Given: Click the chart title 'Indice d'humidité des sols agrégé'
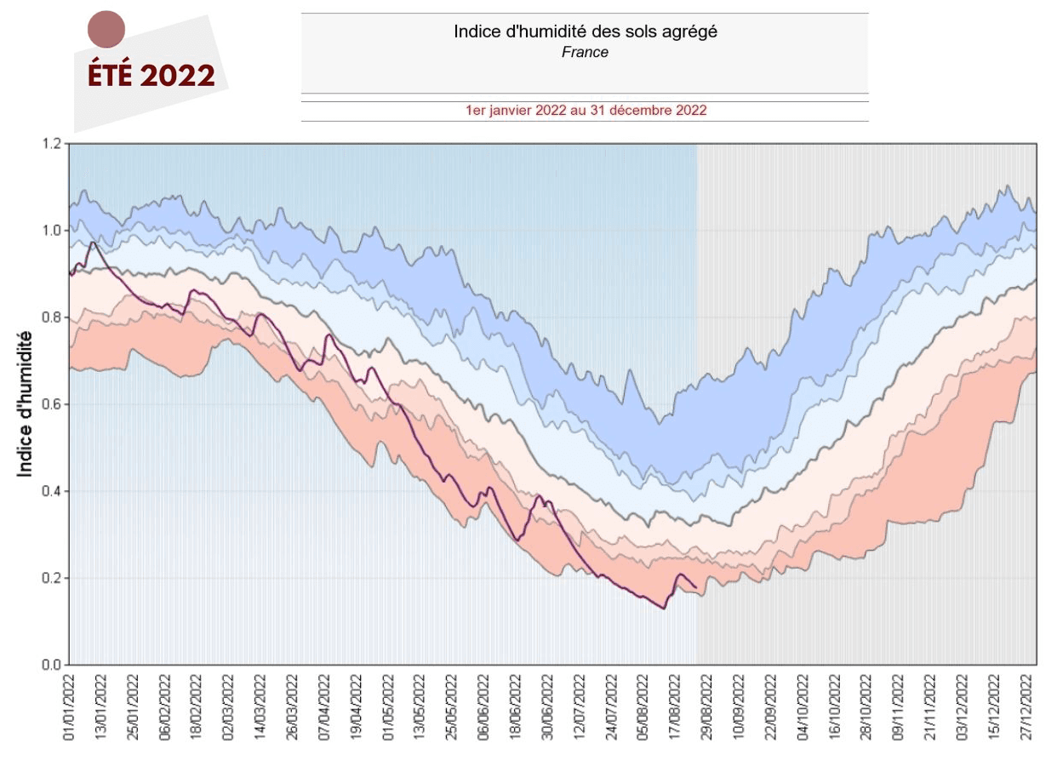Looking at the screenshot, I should pyautogui.click(x=585, y=32).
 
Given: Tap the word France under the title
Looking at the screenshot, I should pyautogui.click(x=585, y=52).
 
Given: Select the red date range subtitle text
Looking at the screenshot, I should pyautogui.click(x=586, y=111).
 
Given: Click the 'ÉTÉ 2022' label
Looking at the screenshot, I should pyautogui.click(x=151, y=76).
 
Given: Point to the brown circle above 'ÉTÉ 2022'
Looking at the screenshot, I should pyautogui.click(x=106, y=30).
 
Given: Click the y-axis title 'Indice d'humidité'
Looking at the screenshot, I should pyautogui.click(x=26, y=404).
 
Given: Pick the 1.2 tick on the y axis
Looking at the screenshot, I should pyautogui.click(x=51, y=144).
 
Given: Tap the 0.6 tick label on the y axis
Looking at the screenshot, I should pyautogui.click(x=51, y=404).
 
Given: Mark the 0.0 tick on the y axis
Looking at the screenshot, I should pyautogui.click(x=51, y=665).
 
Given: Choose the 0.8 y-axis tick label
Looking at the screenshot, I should pyautogui.click(x=51, y=317).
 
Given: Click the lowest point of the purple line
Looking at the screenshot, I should pyautogui.click(x=664, y=609).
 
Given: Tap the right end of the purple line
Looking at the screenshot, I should pyautogui.click(x=696, y=588).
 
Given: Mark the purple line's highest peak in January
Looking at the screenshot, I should pyautogui.click(x=93, y=243).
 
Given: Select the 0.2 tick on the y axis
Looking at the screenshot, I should pyautogui.click(x=51, y=578).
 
